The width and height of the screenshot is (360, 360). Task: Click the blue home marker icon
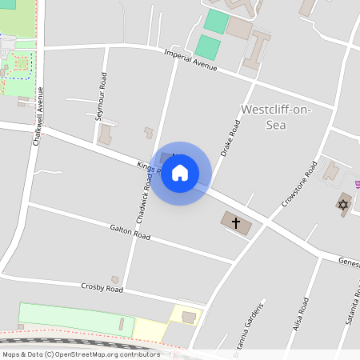tap(180, 173)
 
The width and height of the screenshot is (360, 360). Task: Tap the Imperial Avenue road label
tap(190, 61)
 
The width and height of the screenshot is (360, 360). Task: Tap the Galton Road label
tap(130, 232)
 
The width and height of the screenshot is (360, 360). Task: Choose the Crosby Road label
tap(102, 286)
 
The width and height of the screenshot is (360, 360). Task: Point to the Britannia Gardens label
tap(257, 324)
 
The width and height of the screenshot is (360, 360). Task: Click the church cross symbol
tap(236, 222)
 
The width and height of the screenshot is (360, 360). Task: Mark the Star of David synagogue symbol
tap(343, 205)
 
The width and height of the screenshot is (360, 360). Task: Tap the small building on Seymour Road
tap(105, 135)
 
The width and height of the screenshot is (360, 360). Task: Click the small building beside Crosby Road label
tap(114, 280)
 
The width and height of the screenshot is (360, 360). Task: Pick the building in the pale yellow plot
tap(189, 318)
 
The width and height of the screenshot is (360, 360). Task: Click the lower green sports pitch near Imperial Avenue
tap(208, 47)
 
